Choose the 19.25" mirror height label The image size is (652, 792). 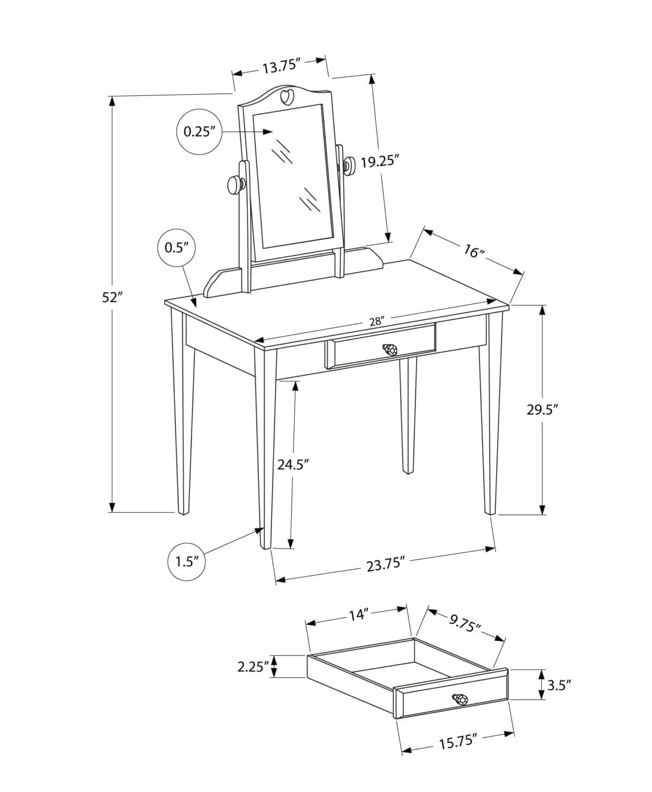(380, 162)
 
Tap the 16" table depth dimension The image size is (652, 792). (473, 251)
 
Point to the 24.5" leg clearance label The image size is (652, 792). (293, 464)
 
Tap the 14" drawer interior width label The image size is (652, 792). (359, 615)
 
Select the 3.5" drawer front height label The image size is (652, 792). (559, 684)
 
